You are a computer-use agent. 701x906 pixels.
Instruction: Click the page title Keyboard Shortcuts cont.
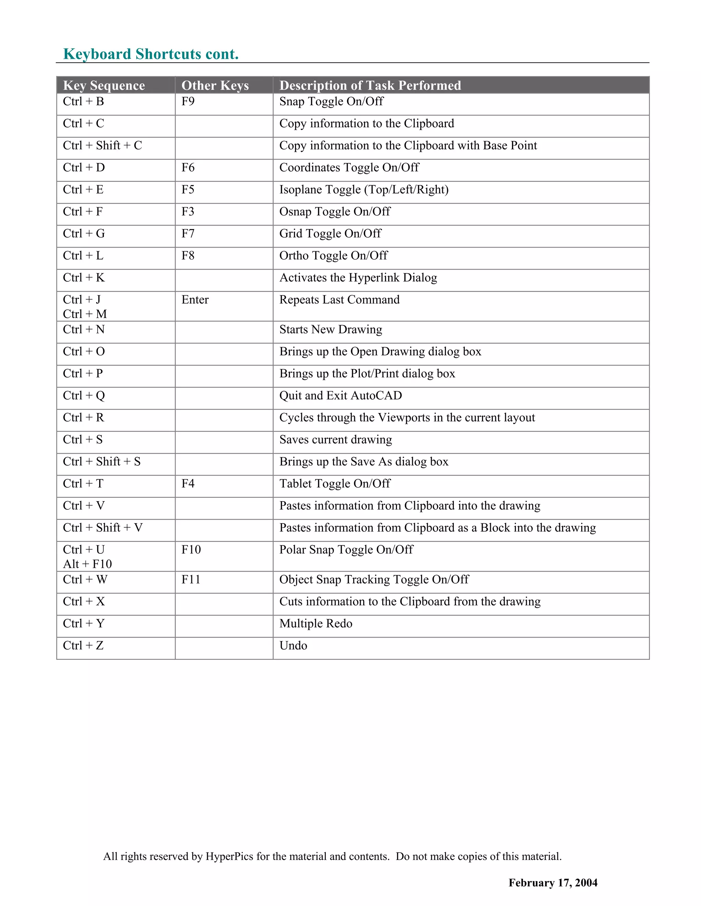point(151,54)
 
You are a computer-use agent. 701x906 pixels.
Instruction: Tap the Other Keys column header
point(215,85)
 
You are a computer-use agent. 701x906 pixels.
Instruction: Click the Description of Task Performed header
point(370,85)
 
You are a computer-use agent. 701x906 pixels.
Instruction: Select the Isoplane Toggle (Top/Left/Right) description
point(364,190)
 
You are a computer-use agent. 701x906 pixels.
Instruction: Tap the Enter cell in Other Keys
point(195,299)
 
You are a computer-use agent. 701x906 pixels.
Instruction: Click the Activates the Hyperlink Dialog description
point(358,278)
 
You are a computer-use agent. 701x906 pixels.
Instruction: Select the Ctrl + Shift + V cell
point(103,528)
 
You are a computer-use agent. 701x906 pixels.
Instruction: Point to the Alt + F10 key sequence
point(87,564)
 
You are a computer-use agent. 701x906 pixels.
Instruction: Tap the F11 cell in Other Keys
point(191,579)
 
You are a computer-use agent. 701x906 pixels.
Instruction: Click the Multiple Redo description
point(316,624)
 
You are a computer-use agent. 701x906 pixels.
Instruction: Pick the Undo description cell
point(293,645)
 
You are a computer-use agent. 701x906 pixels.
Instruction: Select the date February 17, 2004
point(553,883)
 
